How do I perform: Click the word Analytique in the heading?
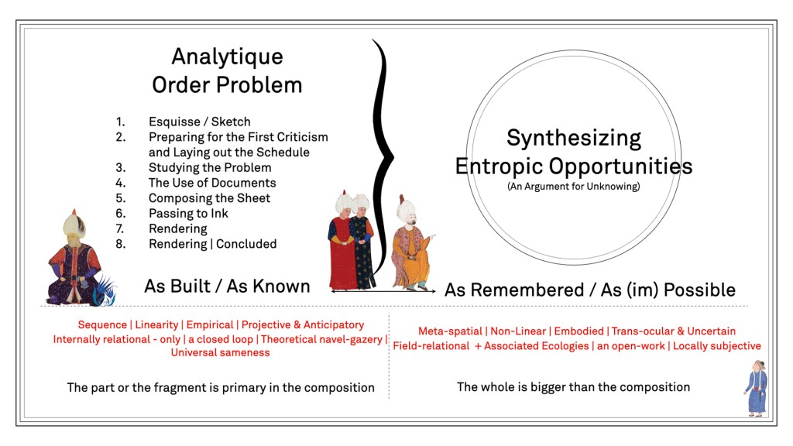(227, 57)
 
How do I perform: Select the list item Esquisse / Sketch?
(199, 122)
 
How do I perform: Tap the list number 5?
(120, 198)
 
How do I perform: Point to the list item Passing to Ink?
(188, 214)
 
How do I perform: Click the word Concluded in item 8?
(246, 244)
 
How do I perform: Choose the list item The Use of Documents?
(212, 183)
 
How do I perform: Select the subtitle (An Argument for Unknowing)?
(574, 186)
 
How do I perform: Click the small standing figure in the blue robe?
(756, 388)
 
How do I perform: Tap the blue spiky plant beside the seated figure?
(105, 291)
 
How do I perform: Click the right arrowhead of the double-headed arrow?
(434, 291)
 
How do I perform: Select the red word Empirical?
(210, 324)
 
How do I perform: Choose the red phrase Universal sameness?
(220, 352)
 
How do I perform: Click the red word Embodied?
(578, 331)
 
